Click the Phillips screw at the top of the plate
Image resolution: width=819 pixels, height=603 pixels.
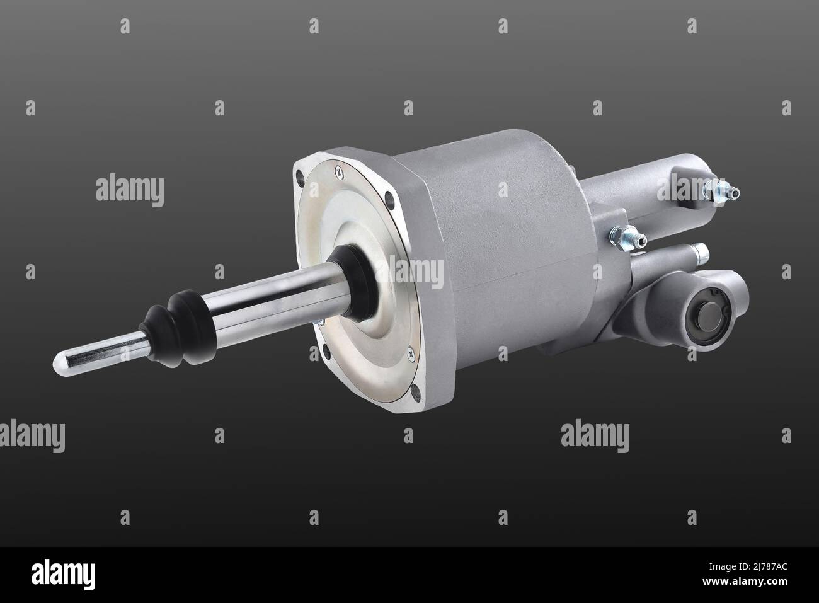[x=340, y=169]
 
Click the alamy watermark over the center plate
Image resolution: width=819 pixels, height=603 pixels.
[x=409, y=272]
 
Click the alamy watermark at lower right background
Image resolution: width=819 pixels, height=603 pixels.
[x=594, y=435]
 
